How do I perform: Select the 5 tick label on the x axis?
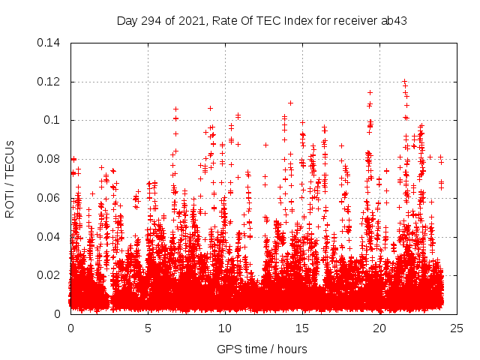[148, 328]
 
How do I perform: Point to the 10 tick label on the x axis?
[225, 328]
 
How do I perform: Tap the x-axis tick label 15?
[302, 328]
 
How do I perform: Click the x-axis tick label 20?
[379, 328]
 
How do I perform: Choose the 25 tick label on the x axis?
[457, 328]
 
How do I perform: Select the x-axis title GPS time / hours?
[262, 349]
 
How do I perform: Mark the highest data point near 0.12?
[404, 81]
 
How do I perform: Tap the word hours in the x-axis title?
[291, 349]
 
